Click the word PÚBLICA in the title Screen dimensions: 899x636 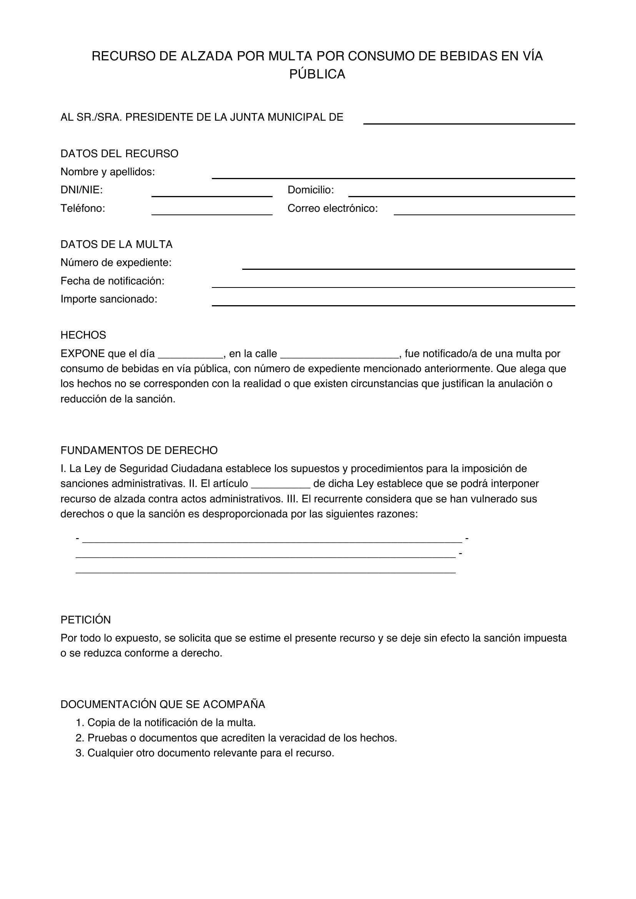317,74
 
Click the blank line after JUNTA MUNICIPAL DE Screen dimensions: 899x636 469,120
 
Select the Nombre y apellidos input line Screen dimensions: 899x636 393,174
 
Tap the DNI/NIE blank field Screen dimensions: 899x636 211,193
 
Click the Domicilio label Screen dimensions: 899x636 311,190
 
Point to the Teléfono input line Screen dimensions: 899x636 211,211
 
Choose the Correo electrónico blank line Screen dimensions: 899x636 484,211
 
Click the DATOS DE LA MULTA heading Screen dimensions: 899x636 116,244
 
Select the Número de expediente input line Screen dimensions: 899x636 408,266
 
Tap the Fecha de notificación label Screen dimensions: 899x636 112,281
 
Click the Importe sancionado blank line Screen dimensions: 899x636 393,302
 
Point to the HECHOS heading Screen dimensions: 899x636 83,335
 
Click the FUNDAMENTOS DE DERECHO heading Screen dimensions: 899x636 139,450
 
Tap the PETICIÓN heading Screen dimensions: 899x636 86,620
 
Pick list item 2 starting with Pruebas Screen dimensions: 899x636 236,738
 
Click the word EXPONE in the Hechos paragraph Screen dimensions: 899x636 82,354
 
